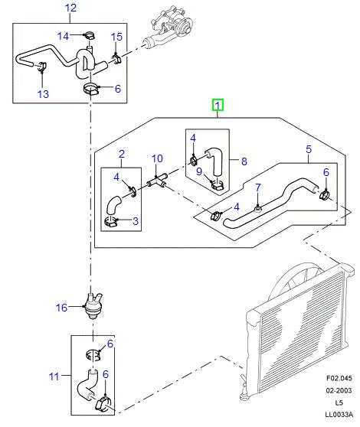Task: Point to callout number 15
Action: tap(116, 37)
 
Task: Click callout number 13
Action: tap(42, 94)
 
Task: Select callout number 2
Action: tap(121, 155)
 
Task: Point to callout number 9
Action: tap(198, 172)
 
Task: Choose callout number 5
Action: tap(308, 150)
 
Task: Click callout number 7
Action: tap(258, 187)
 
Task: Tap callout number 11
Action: tap(53, 376)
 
